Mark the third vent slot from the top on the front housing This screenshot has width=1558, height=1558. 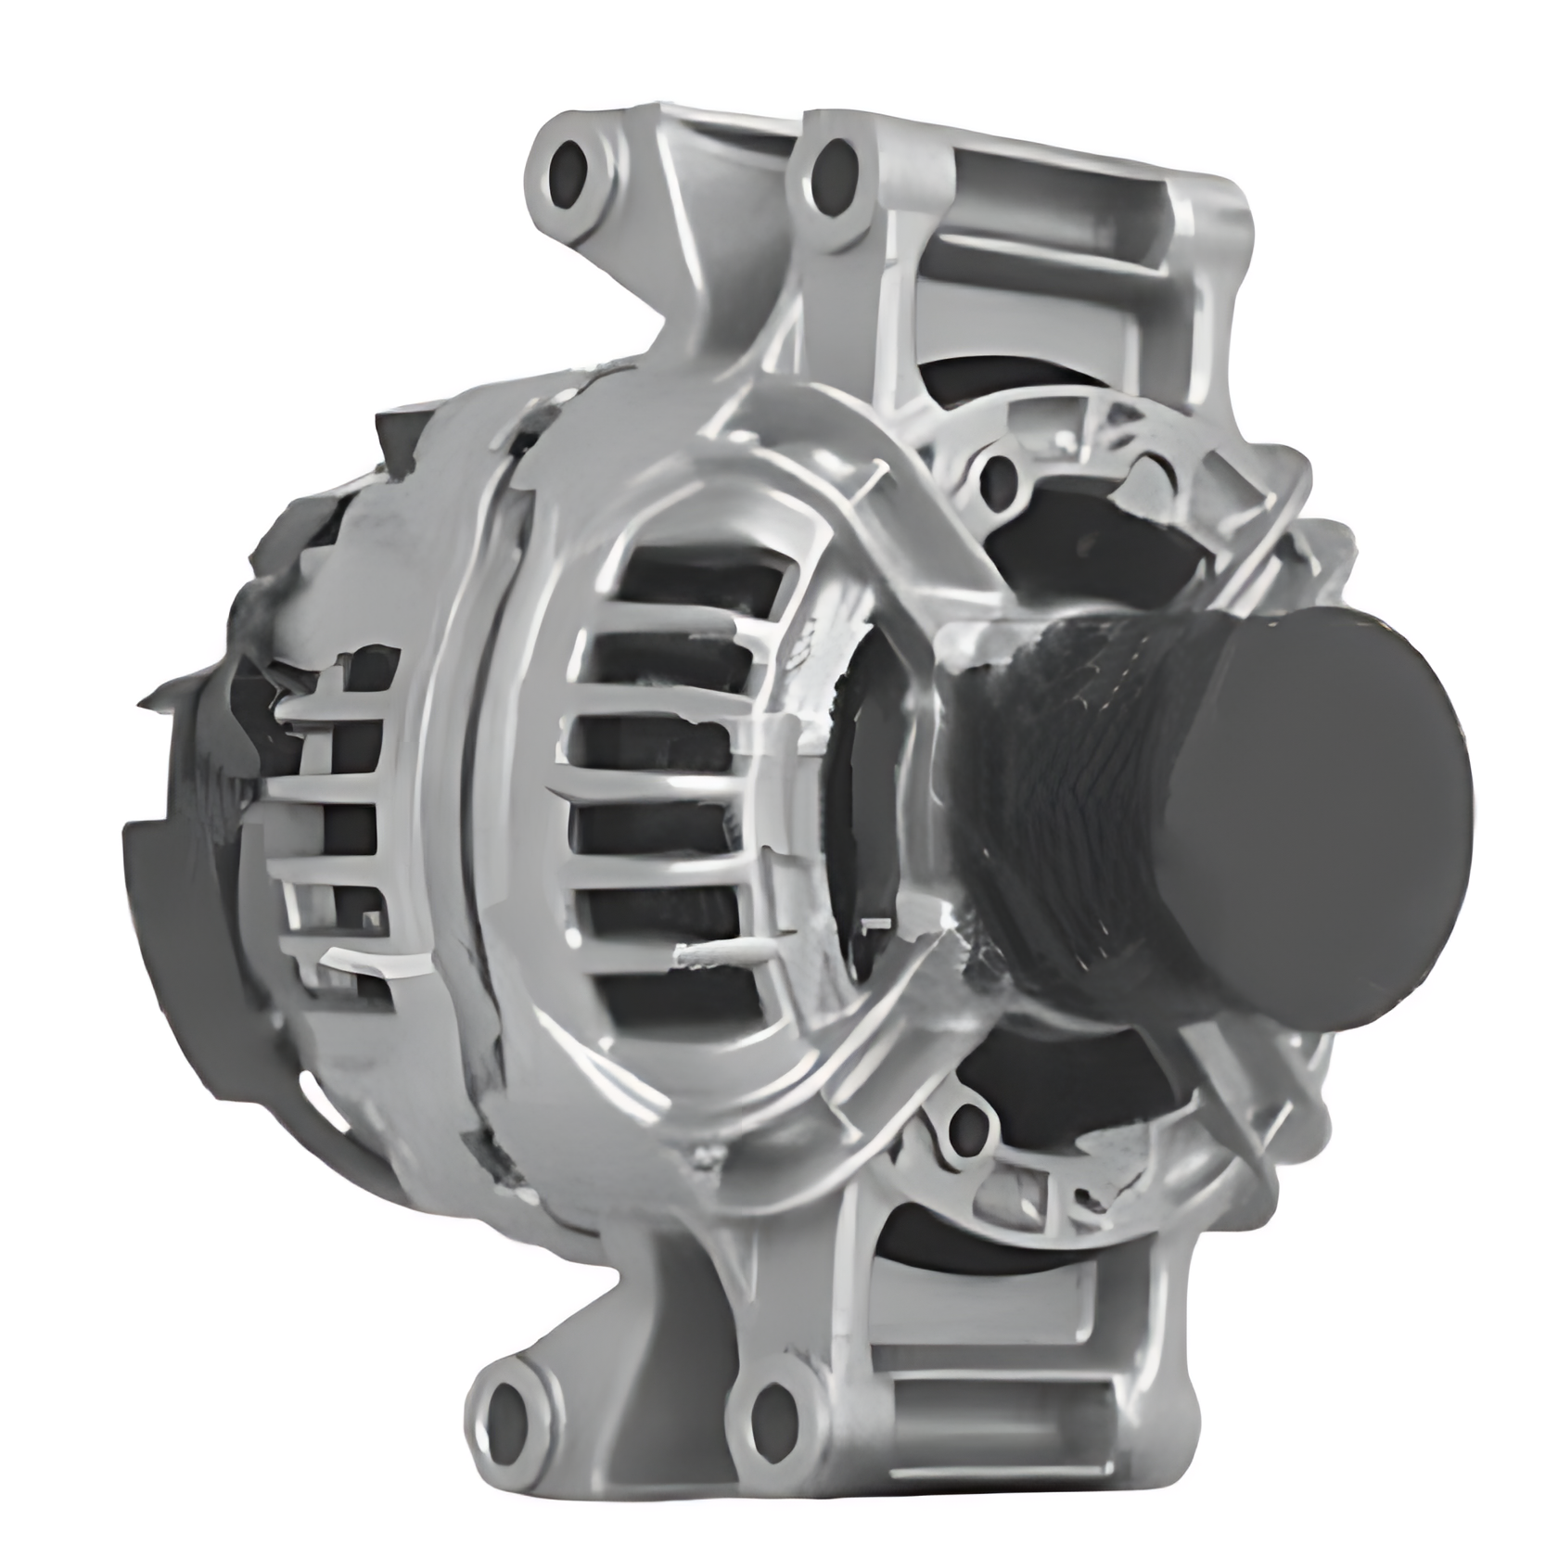click(663, 747)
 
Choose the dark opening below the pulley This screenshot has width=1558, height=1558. click(1066, 1094)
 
